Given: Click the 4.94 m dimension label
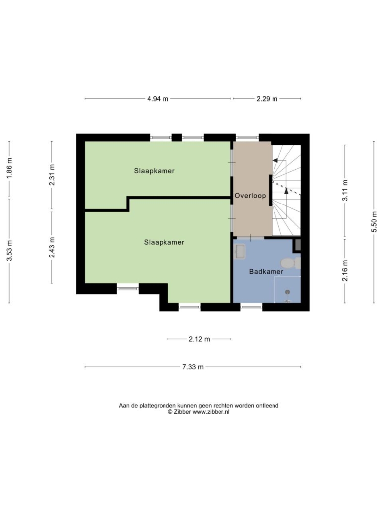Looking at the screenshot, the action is click(x=158, y=99).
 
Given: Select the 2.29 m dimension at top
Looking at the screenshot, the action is click(x=267, y=99).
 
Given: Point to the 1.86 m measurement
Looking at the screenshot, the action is click(x=9, y=168).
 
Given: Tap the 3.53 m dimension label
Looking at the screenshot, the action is click(x=9, y=251).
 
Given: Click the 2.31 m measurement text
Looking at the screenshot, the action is click(x=52, y=175).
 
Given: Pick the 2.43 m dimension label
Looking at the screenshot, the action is click(x=52, y=247).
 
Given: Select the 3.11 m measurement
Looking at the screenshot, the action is click(x=345, y=190).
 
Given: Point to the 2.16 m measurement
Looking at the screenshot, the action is click(x=345, y=271).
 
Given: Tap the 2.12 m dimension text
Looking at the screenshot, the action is click(x=199, y=339).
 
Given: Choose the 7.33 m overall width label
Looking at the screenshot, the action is click(x=193, y=367).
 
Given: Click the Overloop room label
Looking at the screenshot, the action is click(x=250, y=196).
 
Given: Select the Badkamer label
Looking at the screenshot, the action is click(x=266, y=271).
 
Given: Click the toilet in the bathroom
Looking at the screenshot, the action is click(x=290, y=263).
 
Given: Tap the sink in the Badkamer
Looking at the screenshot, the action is click(x=240, y=252).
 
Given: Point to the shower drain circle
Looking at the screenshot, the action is click(x=287, y=292).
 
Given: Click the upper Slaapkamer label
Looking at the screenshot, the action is click(x=154, y=171).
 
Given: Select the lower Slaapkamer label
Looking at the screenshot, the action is click(x=164, y=242).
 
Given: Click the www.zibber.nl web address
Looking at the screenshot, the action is click(x=211, y=412).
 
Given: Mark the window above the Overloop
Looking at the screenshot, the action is click(x=247, y=138).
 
